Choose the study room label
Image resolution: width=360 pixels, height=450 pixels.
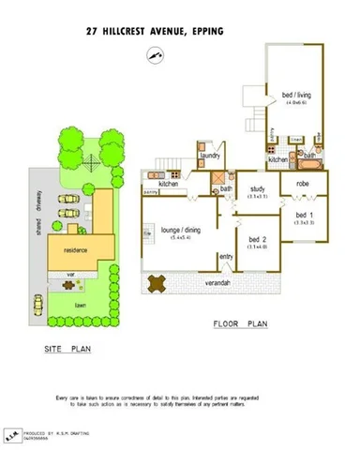(258, 188)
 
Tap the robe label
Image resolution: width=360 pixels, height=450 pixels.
(302, 186)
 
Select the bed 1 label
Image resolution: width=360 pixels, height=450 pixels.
(304, 215)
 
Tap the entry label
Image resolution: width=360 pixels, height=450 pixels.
(226, 256)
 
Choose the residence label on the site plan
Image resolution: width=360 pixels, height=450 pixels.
(75, 250)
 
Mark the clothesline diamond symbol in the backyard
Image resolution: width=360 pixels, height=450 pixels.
(87, 162)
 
